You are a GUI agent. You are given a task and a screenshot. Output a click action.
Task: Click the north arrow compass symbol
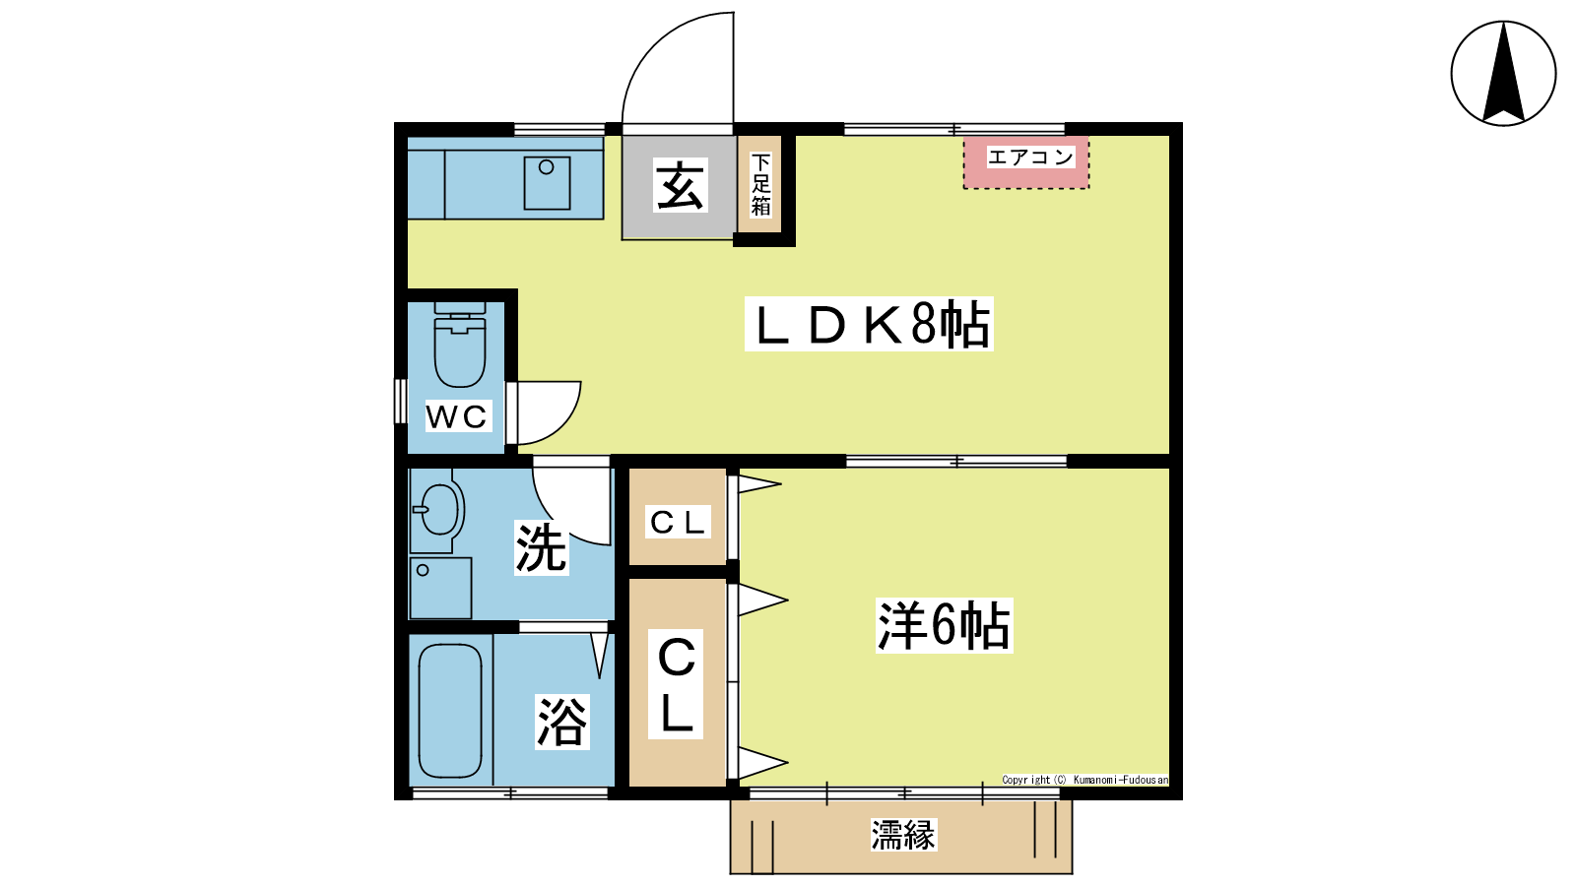click(1503, 74)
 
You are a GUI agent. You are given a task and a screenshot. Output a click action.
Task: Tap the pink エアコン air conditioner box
click(1025, 162)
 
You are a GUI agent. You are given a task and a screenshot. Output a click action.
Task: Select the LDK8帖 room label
click(869, 324)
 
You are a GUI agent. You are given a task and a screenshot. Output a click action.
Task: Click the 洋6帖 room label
click(944, 625)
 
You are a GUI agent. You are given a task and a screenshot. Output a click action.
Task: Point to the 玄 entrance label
click(679, 186)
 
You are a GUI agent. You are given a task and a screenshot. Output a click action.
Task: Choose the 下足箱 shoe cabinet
click(759, 184)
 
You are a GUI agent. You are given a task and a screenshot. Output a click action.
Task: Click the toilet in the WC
click(459, 345)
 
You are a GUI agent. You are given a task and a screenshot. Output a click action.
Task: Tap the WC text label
click(457, 416)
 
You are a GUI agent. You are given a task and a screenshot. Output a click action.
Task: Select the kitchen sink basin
click(547, 183)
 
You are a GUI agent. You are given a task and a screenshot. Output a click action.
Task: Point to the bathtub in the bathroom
click(450, 710)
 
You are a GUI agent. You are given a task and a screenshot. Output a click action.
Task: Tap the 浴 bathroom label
click(561, 722)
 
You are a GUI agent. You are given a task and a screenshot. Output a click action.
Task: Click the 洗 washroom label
click(541, 548)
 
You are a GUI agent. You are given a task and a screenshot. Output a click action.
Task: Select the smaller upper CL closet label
click(677, 522)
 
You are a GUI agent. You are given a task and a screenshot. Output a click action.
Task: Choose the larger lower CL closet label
click(676, 684)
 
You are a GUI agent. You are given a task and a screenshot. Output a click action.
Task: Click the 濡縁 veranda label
click(902, 836)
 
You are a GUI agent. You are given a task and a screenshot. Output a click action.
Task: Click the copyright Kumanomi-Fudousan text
click(1084, 780)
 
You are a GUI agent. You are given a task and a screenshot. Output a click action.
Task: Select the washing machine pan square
click(441, 588)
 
